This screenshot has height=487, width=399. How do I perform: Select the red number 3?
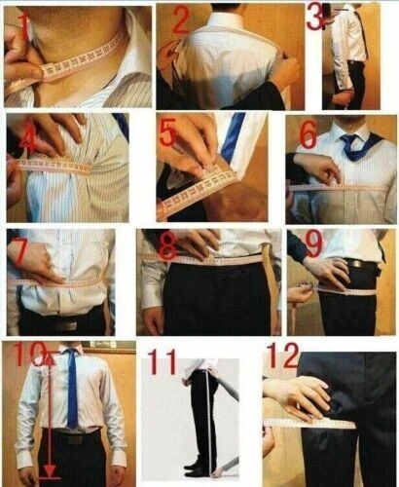(x=316, y=16)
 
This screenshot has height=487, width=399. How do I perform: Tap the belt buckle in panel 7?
(x=66, y=323)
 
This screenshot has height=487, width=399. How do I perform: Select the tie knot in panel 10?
(x=73, y=355)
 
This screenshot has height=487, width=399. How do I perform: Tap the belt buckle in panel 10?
(x=72, y=436)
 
